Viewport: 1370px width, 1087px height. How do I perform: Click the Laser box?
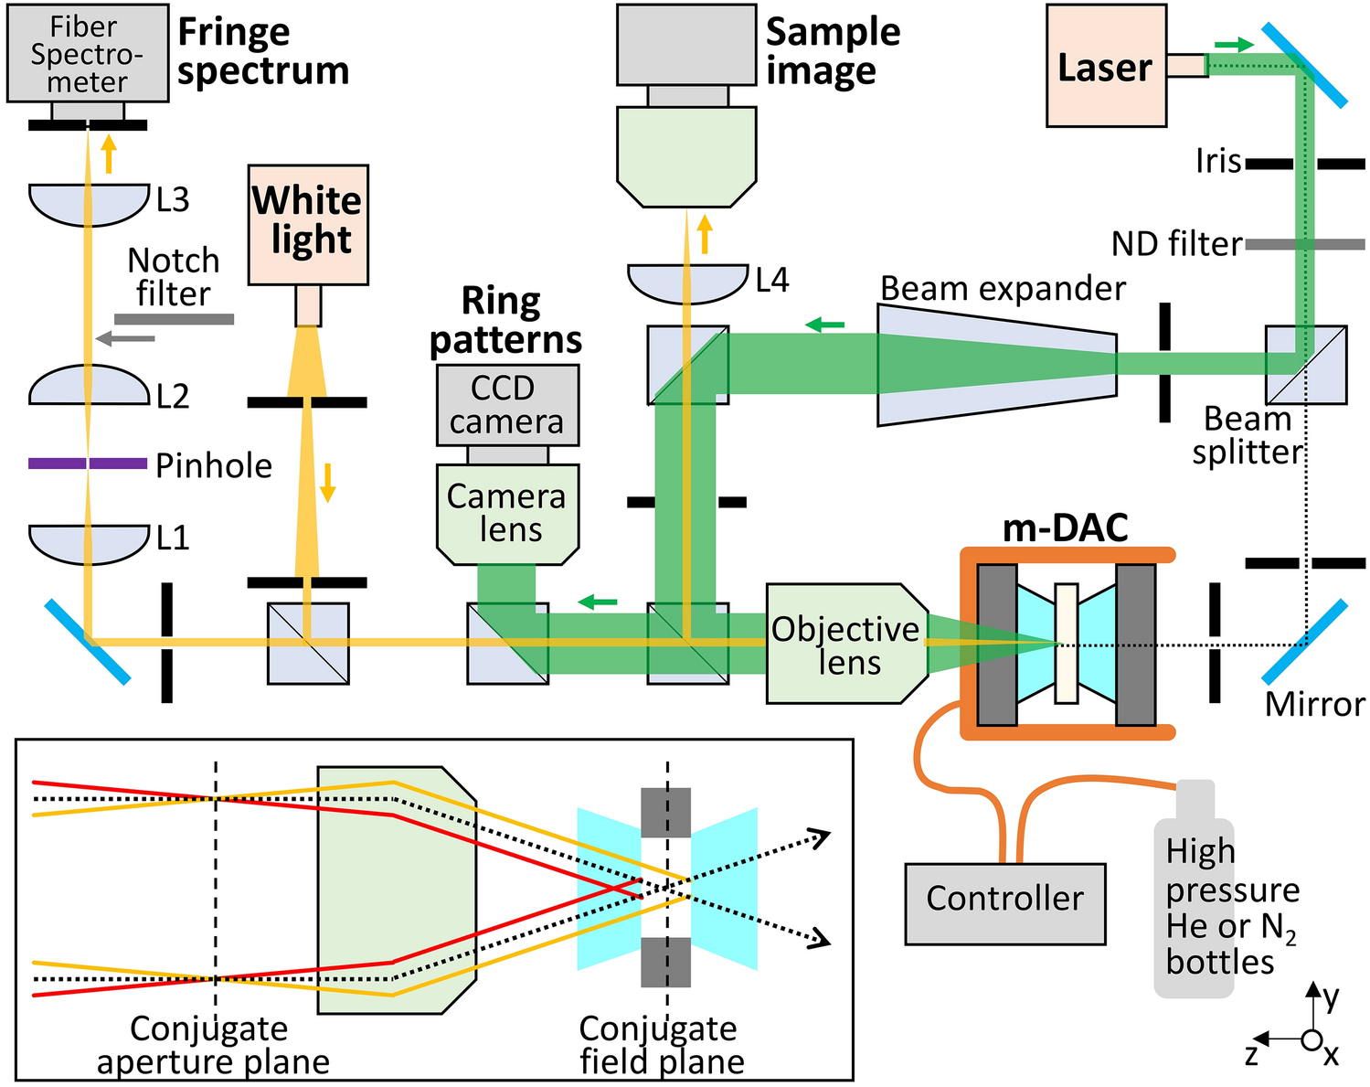coord(1105,66)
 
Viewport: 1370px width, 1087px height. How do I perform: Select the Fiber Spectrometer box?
coord(87,53)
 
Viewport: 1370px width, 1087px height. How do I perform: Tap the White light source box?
coord(308,224)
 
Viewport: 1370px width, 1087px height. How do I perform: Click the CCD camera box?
coord(506,405)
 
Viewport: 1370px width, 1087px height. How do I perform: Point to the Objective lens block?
coord(844,644)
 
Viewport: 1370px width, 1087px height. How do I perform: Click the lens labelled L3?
coord(89,203)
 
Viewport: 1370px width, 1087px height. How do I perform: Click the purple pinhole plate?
coord(55,464)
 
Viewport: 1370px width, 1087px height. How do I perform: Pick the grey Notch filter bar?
coord(174,319)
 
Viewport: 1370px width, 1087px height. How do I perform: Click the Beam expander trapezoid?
coord(996,365)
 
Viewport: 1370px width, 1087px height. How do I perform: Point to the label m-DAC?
coord(1065,528)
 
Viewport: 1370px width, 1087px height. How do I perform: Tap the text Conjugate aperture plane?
coord(211,1045)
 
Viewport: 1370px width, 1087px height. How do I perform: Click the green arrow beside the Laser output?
coord(1233,44)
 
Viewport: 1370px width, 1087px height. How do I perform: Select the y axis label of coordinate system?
coord(1330,996)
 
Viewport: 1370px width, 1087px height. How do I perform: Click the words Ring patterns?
coord(504,320)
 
